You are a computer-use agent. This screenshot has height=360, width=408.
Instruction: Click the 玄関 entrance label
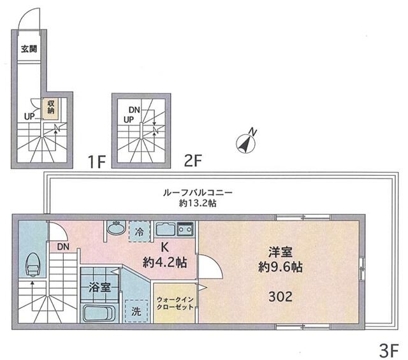point(29,48)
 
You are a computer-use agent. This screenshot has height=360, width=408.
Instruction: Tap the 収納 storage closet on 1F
point(50,108)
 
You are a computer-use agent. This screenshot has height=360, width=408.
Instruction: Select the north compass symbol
point(247,142)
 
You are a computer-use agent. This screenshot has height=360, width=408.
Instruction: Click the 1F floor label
point(96,162)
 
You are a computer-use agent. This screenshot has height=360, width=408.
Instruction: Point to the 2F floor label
point(193,161)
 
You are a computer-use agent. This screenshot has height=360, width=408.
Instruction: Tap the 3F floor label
point(389,351)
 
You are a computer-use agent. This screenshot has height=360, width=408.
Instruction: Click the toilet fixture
point(33,264)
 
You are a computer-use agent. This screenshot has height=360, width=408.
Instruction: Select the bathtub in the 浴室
point(99,314)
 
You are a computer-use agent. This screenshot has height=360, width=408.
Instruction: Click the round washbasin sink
point(116,227)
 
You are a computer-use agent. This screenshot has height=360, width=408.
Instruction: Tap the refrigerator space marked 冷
point(140,231)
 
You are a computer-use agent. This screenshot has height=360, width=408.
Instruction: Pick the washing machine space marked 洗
point(136,311)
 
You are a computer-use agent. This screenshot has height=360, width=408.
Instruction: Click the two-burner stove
point(185,229)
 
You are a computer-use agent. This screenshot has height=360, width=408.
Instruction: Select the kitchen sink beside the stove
point(166,229)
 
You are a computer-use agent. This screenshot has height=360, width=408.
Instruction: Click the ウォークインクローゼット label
point(175,303)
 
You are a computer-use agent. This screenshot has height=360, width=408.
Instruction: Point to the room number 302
point(280,296)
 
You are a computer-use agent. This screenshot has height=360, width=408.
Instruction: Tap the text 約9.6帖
point(280,266)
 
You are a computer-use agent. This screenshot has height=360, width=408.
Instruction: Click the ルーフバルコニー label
point(198,193)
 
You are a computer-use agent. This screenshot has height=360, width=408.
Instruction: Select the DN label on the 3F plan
point(63,247)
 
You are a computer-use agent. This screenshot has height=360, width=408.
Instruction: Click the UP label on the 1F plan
point(30,116)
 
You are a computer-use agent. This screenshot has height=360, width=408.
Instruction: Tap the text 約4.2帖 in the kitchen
point(164,263)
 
